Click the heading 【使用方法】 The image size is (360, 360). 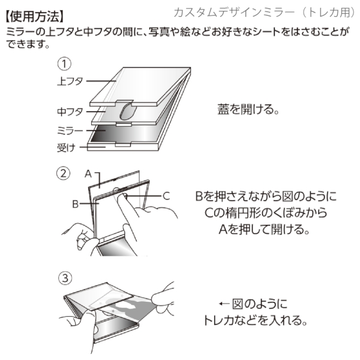pyautogui.click(x=35, y=13)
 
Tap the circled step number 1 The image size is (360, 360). pyautogui.click(x=64, y=63)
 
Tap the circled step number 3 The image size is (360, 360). pyautogui.click(x=65, y=278)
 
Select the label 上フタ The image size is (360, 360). pyautogui.click(x=70, y=80)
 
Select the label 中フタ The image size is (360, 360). pyautogui.click(x=70, y=112)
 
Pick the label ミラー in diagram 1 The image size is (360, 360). pyautogui.click(x=70, y=130)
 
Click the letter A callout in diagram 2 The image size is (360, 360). pyautogui.click(x=88, y=174)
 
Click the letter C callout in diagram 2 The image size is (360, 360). pyautogui.click(x=167, y=195)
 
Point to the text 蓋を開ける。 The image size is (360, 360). pyautogui.click(x=249, y=110)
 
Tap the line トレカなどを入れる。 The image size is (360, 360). pyautogui.click(x=256, y=320)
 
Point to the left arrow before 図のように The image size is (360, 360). pyautogui.click(x=226, y=304)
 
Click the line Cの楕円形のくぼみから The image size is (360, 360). pyautogui.click(x=266, y=214)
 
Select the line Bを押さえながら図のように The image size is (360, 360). pyautogui.click(x=266, y=196)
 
